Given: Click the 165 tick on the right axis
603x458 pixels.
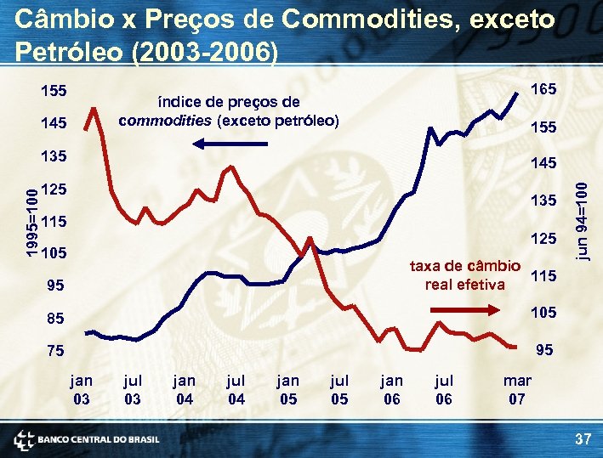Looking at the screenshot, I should coord(543,88).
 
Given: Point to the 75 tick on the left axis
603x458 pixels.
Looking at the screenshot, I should coord(54,350).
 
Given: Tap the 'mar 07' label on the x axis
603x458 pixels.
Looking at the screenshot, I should coord(517,389).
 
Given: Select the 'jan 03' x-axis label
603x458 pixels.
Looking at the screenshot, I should coord(82,389).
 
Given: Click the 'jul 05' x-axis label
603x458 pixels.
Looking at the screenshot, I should coord(339,389).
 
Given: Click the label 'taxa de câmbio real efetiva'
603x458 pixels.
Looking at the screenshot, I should coord(464,274).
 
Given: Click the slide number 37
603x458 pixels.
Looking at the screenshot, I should coord(583,438).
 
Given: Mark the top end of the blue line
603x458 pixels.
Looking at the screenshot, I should coord(516,91).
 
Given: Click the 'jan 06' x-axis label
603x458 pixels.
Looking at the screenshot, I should coord(392,389).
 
